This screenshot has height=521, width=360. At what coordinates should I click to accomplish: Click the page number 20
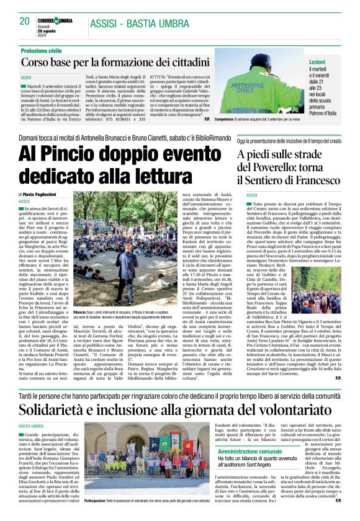[25, 20]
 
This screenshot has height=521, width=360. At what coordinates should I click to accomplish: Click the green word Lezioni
[317, 63]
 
